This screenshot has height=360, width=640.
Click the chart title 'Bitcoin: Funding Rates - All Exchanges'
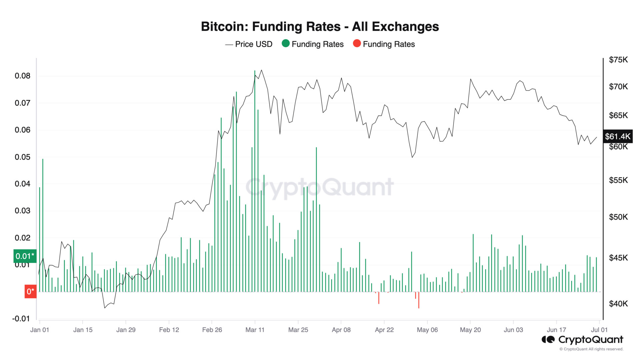point(320,27)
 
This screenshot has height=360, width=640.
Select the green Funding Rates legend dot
point(285,44)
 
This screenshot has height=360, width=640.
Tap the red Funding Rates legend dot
point(357,44)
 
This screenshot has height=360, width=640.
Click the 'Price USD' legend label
point(253,44)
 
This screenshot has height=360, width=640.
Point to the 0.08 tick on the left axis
point(22,76)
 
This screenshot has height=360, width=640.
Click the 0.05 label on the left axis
point(22,157)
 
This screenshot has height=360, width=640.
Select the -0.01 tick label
point(21,319)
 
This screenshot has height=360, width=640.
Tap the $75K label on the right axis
point(618,60)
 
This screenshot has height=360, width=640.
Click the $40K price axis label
point(618,304)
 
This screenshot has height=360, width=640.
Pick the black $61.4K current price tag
point(618,136)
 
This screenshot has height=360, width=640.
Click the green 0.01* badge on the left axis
point(25,256)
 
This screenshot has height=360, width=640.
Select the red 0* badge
point(30,292)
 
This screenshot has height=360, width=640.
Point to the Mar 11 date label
point(255,330)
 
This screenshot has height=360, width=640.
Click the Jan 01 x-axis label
point(40,330)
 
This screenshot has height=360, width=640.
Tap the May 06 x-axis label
point(427,330)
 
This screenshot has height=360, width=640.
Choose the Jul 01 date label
point(599,330)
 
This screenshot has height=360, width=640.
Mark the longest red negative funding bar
point(419,300)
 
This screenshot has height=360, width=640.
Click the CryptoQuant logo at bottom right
point(582,340)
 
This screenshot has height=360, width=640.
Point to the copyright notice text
point(591,349)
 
